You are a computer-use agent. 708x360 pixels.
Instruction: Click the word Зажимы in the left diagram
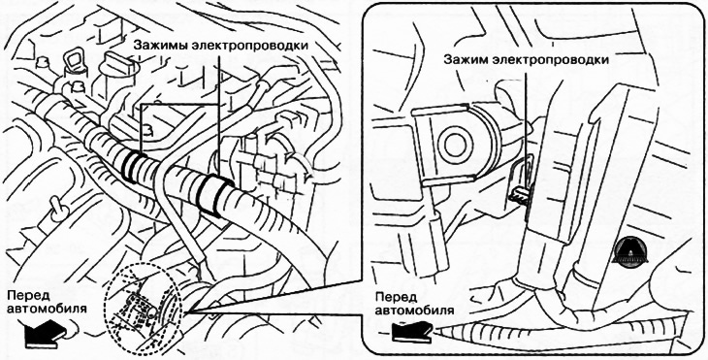point(163,45)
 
